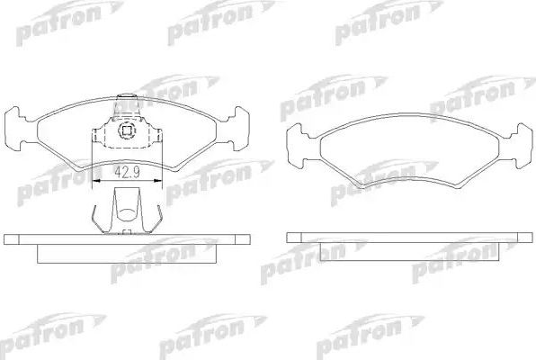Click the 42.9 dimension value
[127, 168]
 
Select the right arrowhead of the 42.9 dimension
[158, 180]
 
